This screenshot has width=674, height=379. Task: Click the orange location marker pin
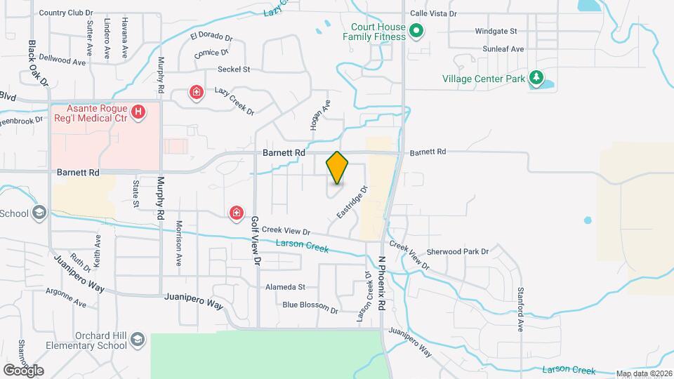(x=337, y=168)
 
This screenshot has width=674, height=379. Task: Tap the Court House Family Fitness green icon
(x=416, y=31)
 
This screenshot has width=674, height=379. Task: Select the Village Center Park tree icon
(x=536, y=78)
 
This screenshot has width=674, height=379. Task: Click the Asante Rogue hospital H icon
(x=139, y=111)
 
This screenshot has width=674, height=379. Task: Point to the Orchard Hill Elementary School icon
(x=138, y=340)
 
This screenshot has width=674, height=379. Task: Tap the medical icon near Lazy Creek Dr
(x=197, y=92)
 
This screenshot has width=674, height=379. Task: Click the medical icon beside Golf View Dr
(x=237, y=212)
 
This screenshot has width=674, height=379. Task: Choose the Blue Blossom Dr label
(x=310, y=305)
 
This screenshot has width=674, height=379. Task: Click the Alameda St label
(x=285, y=287)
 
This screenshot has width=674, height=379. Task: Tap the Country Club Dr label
(x=66, y=13)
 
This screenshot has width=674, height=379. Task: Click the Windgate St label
(x=496, y=32)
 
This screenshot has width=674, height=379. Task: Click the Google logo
(x=23, y=371)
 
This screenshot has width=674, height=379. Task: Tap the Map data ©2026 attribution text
(x=643, y=373)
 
